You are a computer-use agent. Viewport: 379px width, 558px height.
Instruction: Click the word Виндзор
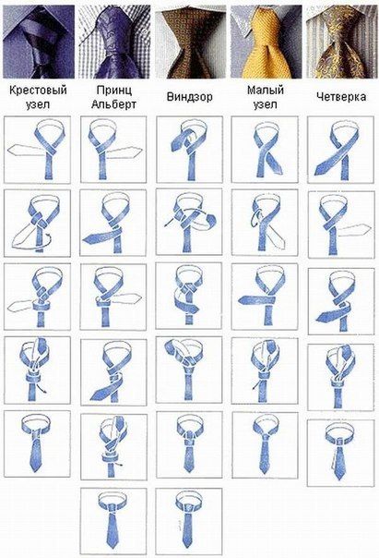[x=189, y=97]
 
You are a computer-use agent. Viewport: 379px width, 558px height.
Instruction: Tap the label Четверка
[x=341, y=97]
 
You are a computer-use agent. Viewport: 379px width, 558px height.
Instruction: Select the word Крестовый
[x=38, y=90]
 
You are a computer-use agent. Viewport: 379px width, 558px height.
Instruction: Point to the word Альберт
[x=113, y=104]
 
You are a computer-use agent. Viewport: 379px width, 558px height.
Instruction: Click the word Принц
[x=113, y=90]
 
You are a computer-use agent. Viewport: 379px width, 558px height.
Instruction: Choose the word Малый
[x=266, y=90]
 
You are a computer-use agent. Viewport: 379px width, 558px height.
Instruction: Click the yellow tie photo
[x=266, y=42]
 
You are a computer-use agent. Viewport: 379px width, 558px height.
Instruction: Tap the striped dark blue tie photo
[x=39, y=42]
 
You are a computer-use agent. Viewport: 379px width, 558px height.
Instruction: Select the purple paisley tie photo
[x=114, y=42]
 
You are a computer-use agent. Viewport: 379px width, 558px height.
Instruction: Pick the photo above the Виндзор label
[x=190, y=42]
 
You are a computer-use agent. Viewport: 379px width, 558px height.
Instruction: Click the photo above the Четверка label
[x=342, y=42]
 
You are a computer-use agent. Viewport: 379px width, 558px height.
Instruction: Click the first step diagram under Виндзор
[x=189, y=150]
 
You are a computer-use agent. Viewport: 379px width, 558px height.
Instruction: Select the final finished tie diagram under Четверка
[x=340, y=453]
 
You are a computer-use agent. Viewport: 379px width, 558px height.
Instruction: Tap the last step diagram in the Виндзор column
[x=189, y=521]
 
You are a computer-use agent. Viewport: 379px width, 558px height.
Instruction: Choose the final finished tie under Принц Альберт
[x=113, y=521]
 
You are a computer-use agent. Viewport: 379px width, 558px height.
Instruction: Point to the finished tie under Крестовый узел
[x=37, y=444]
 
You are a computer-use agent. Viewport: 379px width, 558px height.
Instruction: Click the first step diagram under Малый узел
[x=265, y=150]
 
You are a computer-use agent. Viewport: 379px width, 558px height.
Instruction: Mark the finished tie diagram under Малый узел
[x=265, y=445]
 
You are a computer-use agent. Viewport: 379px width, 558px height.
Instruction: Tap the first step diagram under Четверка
[x=340, y=150]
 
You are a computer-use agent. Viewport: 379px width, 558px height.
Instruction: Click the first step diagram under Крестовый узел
[x=37, y=150]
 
